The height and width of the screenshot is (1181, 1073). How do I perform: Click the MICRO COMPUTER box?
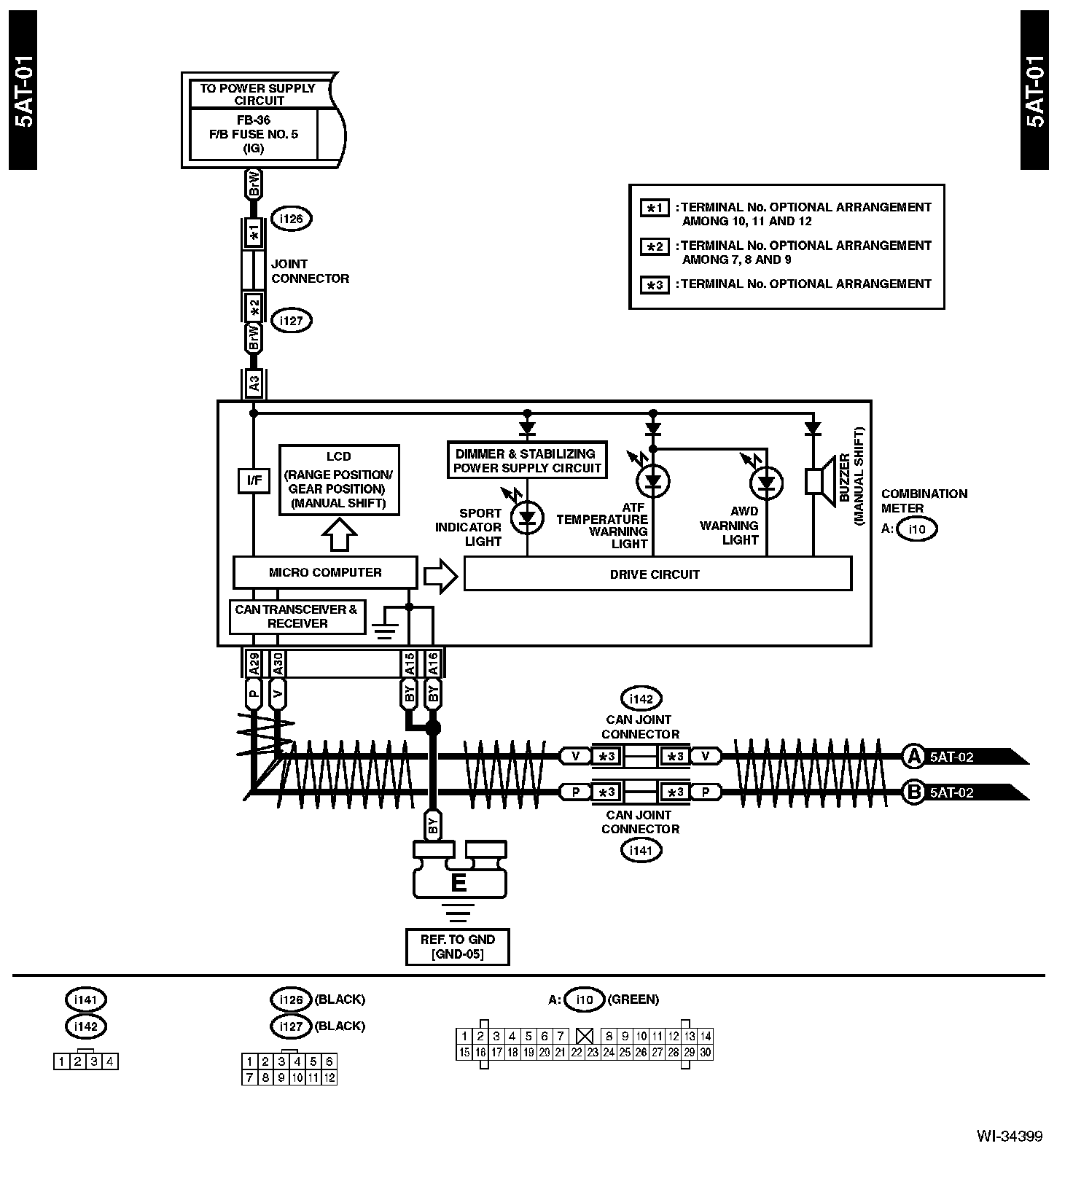tap(325, 573)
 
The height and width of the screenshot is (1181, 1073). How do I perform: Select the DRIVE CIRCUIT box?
tap(657, 574)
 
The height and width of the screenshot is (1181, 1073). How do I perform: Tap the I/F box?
tap(254, 480)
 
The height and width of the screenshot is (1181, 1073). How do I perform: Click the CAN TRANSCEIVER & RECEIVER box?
tap(297, 617)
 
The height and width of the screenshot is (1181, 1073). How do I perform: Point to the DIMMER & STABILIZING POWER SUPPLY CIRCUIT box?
tap(527, 461)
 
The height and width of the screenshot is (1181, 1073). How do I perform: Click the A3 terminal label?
tap(254, 382)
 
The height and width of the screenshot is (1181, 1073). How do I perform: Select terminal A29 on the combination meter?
tap(254, 663)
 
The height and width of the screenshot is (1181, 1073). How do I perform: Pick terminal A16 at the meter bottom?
tap(433, 663)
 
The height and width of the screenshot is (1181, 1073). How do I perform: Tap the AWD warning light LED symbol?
tap(767, 482)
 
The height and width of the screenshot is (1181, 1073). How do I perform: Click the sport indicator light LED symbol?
tap(528, 518)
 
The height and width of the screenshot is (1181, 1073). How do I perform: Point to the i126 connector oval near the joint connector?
tap(291, 219)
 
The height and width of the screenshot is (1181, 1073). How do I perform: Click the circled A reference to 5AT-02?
tap(913, 756)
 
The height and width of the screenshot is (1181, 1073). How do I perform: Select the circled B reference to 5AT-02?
tap(913, 792)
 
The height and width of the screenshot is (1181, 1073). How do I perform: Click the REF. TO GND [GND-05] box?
tap(457, 946)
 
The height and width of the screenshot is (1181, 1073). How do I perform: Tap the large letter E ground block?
tap(459, 883)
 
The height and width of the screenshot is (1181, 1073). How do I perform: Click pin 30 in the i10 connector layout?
tap(706, 1052)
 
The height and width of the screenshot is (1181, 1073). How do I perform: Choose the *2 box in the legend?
tap(655, 246)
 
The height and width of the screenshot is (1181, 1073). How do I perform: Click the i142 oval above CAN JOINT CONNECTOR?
tap(641, 699)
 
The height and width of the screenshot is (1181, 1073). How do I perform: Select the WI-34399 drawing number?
tap(1010, 1157)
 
